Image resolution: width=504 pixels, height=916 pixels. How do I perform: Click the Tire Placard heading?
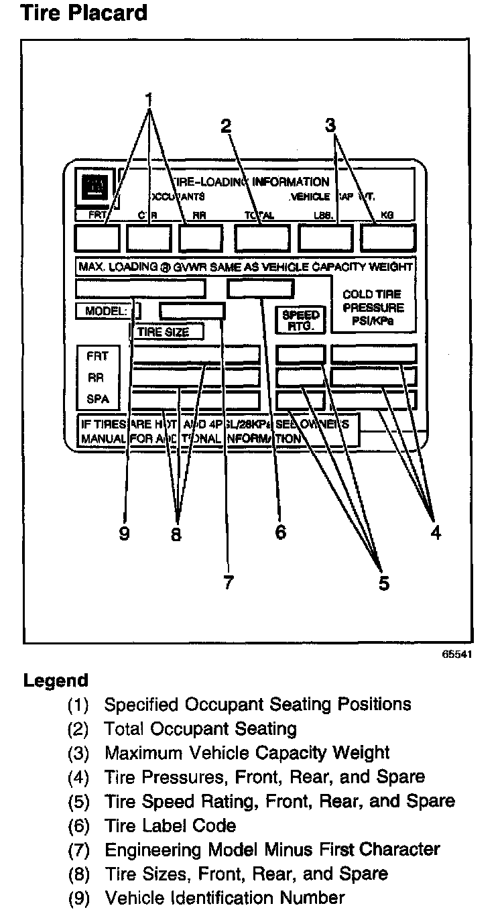coord(84,12)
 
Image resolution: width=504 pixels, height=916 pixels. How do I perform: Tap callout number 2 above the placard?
coord(226,125)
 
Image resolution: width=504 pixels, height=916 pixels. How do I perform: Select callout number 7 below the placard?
coord(229,582)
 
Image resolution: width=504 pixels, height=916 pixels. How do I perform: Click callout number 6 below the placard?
coord(280,532)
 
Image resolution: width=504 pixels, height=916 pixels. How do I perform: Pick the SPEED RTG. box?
coord(301,320)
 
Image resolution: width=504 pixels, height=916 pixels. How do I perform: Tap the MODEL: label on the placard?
coord(105,311)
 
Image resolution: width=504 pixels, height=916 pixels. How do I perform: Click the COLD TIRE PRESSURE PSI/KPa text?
coord(373,307)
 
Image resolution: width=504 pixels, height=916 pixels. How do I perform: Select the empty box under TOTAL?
coord(262,238)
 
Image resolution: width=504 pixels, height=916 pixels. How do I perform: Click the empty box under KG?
coord(388,238)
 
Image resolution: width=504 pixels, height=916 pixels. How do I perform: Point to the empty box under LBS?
coord(326,238)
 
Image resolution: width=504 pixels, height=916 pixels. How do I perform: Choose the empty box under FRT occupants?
coord(97,238)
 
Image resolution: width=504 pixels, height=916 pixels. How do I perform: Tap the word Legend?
coord(56,681)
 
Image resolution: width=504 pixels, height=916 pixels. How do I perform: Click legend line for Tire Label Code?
coord(170,825)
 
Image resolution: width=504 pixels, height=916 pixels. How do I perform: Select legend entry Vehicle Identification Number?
coord(225,897)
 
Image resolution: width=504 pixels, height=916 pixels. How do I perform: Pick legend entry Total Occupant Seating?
coord(200,728)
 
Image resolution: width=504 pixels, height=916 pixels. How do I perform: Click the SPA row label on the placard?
coord(97,400)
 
